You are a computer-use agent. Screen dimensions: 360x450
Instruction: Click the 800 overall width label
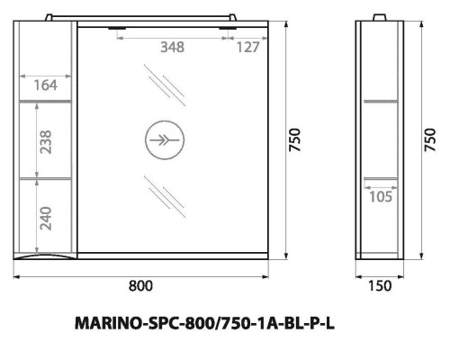(139, 285)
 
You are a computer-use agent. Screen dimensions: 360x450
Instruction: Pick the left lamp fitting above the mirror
(118, 29)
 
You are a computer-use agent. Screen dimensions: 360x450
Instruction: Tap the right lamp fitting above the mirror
(229, 29)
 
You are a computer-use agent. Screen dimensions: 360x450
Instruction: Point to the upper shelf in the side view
(382, 100)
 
